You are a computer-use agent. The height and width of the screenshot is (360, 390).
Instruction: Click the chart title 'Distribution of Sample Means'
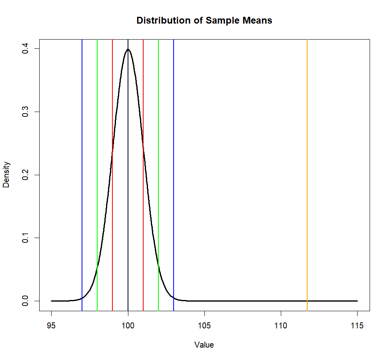(x=204, y=20)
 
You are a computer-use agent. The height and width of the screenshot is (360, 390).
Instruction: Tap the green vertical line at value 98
(x=97, y=160)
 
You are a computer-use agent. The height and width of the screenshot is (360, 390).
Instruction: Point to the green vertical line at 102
(x=158, y=160)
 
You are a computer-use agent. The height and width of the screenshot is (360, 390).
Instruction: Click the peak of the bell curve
(x=128, y=49)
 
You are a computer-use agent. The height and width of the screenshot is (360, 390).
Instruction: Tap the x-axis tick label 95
(x=52, y=326)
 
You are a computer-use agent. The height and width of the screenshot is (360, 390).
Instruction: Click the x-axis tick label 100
(x=128, y=326)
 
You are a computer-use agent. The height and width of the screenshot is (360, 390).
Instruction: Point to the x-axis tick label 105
(x=204, y=326)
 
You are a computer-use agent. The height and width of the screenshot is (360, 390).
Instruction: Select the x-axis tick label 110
(x=281, y=326)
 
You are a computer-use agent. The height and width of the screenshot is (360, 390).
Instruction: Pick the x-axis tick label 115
(x=357, y=326)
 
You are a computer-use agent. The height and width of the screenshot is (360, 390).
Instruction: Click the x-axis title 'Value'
(x=204, y=345)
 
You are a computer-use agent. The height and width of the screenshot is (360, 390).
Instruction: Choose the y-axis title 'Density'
(x=7, y=175)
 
